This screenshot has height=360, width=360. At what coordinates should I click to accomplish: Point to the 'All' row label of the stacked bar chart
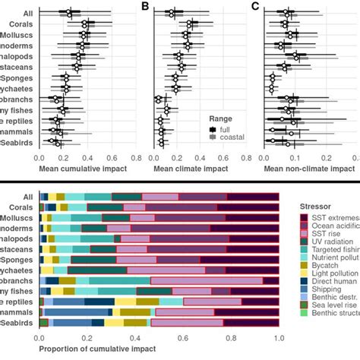pos(28,196)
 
